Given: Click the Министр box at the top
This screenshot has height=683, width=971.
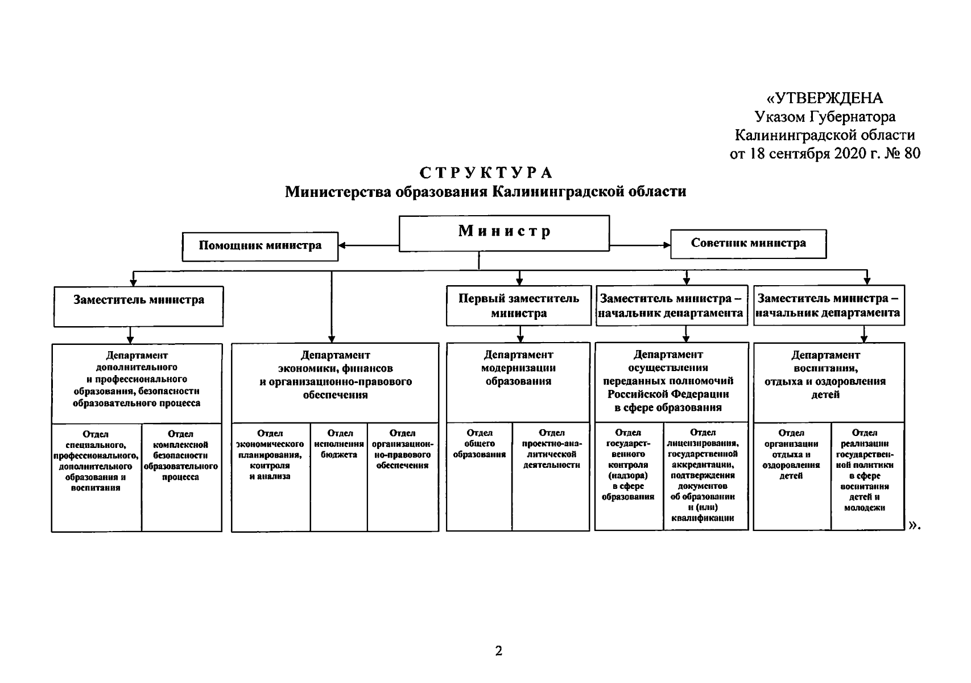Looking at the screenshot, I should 504,233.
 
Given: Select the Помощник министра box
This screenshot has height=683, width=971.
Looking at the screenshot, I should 260,246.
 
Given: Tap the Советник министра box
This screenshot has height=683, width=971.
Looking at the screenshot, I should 748,244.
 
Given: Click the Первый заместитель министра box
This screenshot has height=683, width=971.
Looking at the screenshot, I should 519,306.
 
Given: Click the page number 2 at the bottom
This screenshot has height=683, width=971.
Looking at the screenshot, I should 499,651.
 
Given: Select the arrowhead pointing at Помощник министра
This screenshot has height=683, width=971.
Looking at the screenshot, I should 343,246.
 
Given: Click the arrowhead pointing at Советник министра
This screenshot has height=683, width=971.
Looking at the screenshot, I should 667,245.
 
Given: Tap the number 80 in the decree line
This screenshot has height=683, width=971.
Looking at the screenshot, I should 912,153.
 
